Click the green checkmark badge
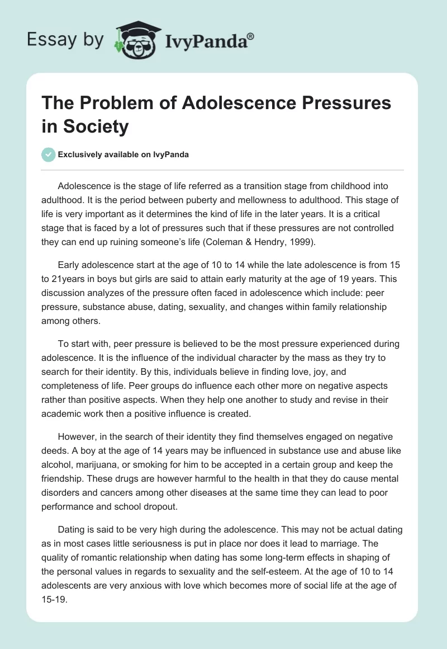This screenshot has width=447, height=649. click(49, 154)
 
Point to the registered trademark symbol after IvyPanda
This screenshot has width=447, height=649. click(250, 36)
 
